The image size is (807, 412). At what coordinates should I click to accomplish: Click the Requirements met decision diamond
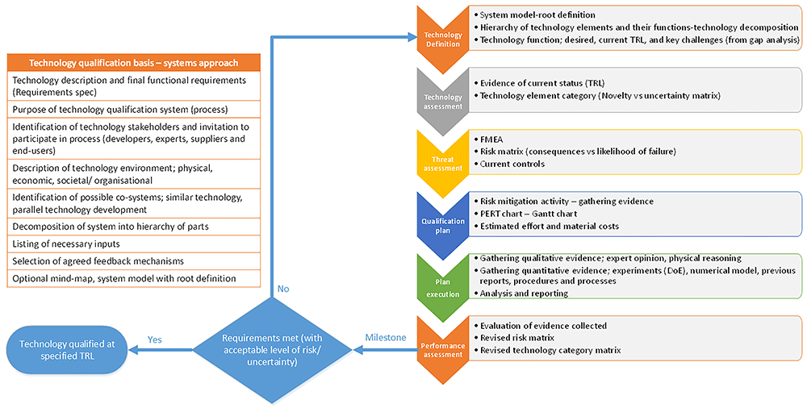click(x=272, y=350)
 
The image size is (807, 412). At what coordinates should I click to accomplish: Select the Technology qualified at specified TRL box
click(x=68, y=350)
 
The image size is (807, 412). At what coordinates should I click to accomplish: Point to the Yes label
click(x=154, y=339)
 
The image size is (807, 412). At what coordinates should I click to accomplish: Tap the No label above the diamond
click(x=283, y=289)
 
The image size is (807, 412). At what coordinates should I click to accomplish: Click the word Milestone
click(x=386, y=337)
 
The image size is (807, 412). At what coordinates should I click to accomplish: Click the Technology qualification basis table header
click(x=134, y=63)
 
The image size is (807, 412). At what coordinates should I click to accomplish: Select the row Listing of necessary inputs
click(x=134, y=243)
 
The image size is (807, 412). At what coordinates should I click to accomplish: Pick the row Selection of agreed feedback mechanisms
click(x=134, y=261)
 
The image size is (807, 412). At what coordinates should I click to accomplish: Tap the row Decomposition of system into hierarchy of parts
click(x=134, y=227)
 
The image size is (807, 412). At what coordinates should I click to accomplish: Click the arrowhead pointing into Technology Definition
click(x=412, y=37)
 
